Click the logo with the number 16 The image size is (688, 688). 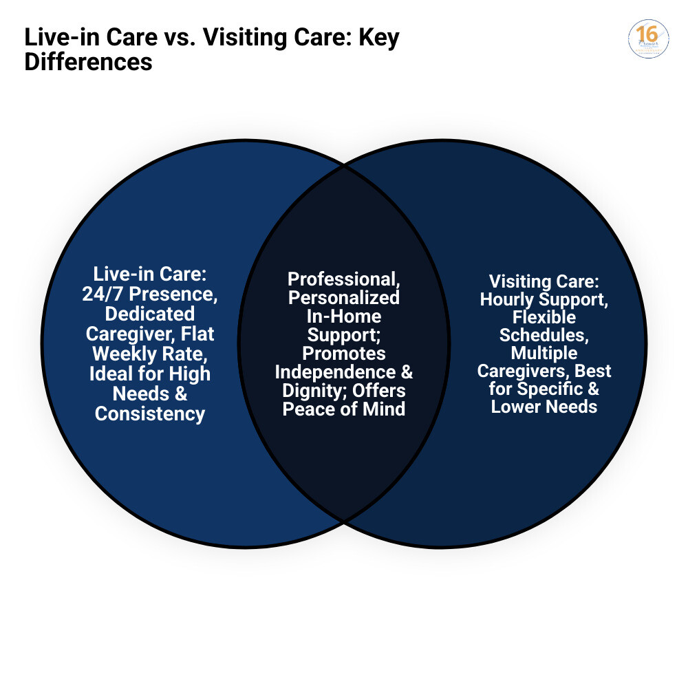point(648,39)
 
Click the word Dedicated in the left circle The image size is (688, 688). point(150,314)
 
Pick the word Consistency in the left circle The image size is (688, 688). point(150,413)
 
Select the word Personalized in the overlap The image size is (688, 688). point(343,297)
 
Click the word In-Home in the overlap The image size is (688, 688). point(344,316)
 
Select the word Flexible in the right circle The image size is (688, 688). point(544,318)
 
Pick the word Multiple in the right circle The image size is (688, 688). point(544,353)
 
